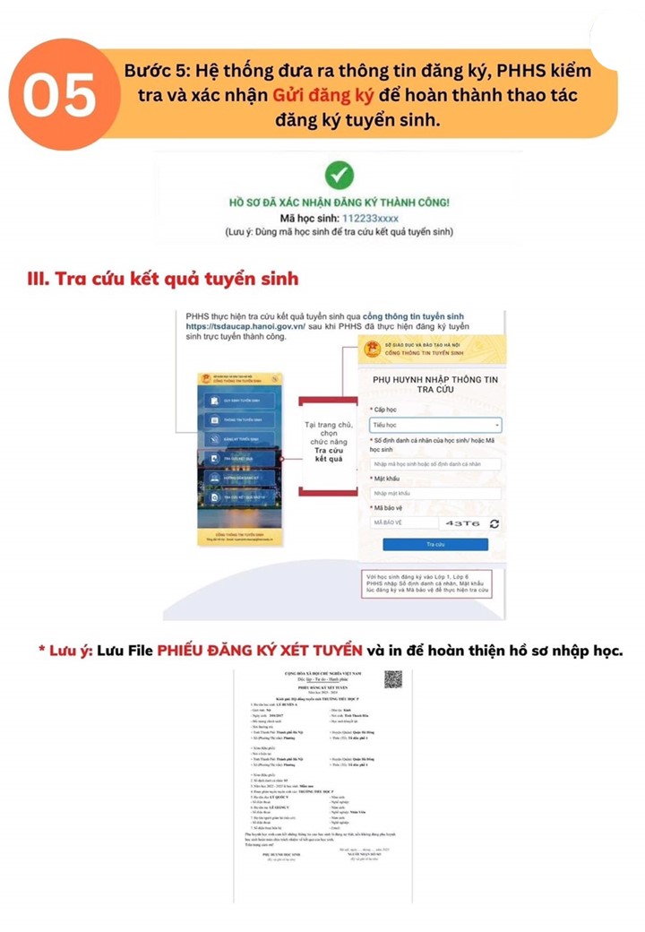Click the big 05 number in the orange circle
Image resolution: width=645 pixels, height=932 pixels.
coord(59,95)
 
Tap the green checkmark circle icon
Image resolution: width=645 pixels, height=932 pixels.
coord(339,175)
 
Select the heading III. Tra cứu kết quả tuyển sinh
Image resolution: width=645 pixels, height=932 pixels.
coord(163,279)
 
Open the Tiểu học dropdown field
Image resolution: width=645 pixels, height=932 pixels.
coord(435,426)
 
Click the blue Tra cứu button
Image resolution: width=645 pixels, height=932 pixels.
coord(435,544)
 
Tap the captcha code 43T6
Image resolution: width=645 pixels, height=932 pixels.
coord(462,522)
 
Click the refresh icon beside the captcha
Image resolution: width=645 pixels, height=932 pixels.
coord(494,522)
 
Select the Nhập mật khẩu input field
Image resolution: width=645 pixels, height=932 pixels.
coord(435,493)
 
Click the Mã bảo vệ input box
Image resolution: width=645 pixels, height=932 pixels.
coord(403,522)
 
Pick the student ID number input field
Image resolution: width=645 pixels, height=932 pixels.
coord(435,463)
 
